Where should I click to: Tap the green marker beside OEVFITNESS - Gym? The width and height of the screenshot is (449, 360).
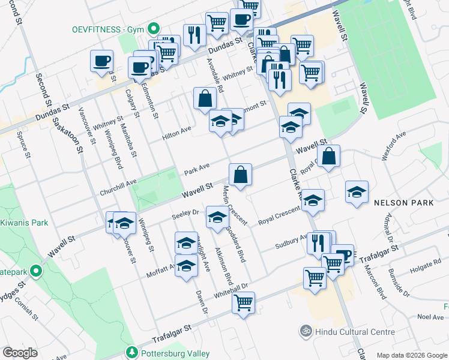click(154, 28)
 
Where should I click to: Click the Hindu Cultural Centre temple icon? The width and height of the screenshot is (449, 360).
click(304, 331)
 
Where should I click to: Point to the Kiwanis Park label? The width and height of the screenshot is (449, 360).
click(24, 223)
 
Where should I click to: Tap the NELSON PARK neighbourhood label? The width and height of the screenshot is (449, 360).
click(403, 203)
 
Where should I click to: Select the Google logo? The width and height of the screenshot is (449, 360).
click(20, 353)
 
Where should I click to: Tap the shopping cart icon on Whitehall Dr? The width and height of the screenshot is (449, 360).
click(243, 304)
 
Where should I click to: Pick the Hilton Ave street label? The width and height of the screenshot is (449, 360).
click(176, 133)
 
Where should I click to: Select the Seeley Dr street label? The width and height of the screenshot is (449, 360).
click(185, 213)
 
